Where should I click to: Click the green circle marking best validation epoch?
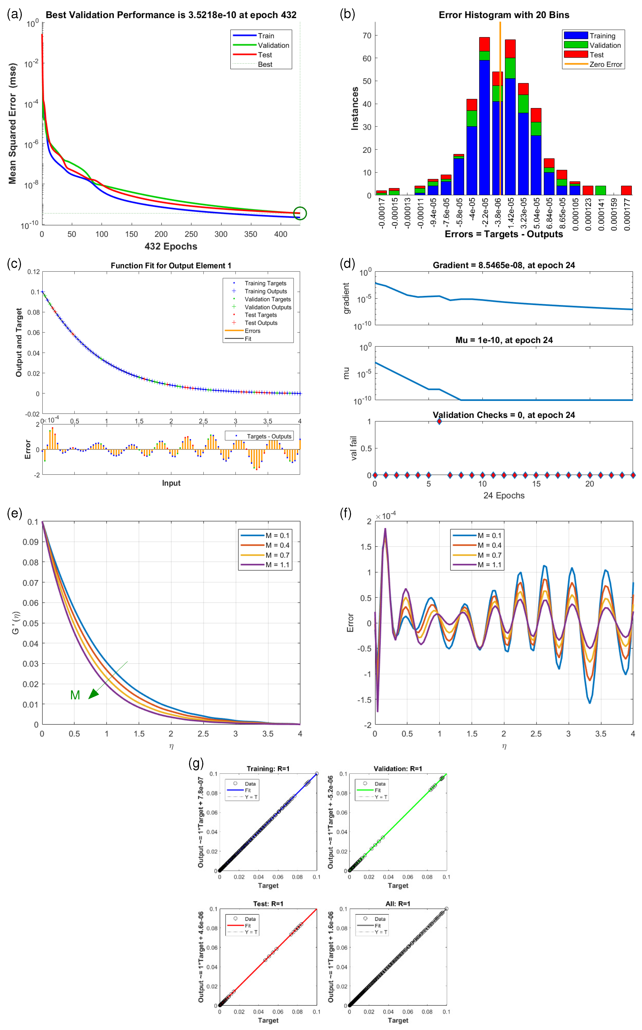300,213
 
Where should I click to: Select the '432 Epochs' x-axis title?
171,246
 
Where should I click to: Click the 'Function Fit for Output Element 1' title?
171,266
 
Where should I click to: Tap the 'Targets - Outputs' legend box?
259,436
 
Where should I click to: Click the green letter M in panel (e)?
75,695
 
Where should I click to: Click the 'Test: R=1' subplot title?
268,903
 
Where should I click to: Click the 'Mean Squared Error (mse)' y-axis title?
13,123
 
